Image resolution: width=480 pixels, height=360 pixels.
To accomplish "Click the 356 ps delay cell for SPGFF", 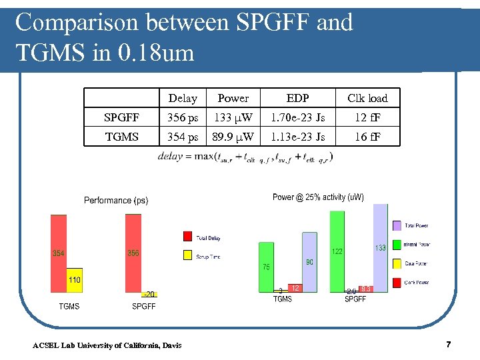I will pyautogui.click(x=183, y=118).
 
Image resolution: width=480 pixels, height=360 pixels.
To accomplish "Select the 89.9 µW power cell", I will pyautogui.click(x=233, y=137).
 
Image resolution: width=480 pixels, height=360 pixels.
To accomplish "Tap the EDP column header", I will pyautogui.click(x=297, y=99).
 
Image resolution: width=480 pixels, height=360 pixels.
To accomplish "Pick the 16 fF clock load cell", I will pyautogui.click(x=367, y=137).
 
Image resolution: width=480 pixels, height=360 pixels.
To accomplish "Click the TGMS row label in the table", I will pyautogui.click(x=122, y=137).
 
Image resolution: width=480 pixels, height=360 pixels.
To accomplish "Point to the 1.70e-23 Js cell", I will pyautogui.click(x=297, y=118).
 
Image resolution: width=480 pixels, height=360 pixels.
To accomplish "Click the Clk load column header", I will pyautogui.click(x=367, y=99).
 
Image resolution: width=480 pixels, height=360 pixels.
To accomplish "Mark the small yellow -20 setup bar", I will pyautogui.click(x=150, y=294).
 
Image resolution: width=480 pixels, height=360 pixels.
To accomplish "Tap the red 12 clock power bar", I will pyautogui.click(x=295, y=288).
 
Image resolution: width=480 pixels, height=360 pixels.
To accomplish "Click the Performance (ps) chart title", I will pyautogui.click(x=116, y=201).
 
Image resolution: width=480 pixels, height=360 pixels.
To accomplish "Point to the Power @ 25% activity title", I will pyautogui.click(x=318, y=197).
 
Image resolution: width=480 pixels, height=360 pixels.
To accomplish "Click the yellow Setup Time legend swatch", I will pyautogui.click(x=187, y=255).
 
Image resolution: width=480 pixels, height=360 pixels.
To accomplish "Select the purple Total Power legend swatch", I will pyautogui.click(x=397, y=226).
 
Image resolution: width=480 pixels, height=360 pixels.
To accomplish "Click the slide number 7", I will pyautogui.click(x=449, y=345).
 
